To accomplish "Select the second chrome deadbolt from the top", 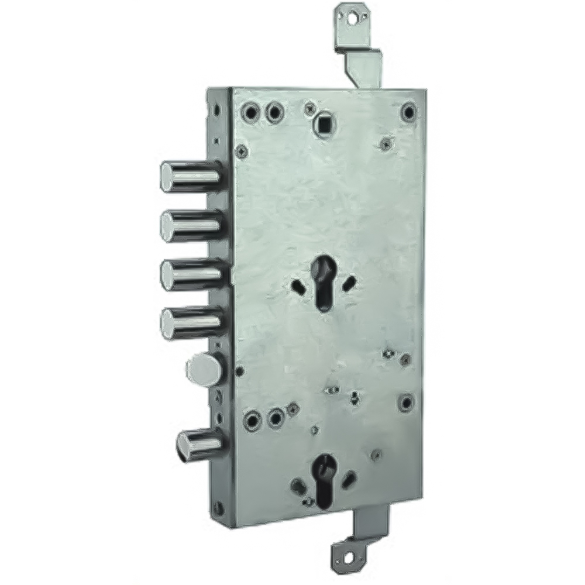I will tap(190, 225).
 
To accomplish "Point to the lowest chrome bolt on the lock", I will tap(199, 445).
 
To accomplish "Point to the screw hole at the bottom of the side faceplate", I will tap(218, 506).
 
